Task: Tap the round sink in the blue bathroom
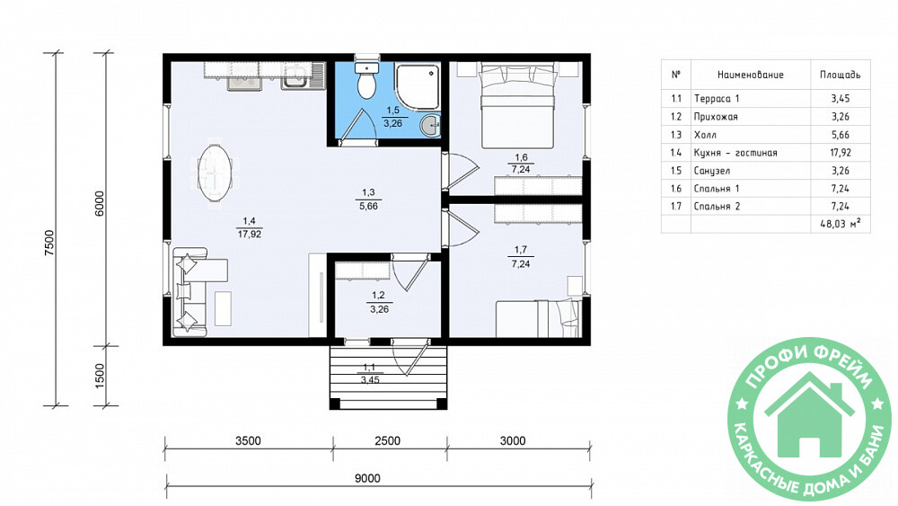click(x=430, y=126)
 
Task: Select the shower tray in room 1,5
click(x=418, y=86)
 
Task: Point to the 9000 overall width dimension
click(x=367, y=478)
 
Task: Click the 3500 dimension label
click(x=248, y=440)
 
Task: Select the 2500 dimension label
click(x=387, y=440)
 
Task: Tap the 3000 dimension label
click(x=513, y=440)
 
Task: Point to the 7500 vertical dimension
click(x=49, y=243)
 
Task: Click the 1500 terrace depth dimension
click(x=100, y=376)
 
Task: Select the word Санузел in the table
click(x=712, y=171)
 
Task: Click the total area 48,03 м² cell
click(x=841, y=224)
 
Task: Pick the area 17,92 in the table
click(x=841, y=153)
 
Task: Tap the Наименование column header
click(x=750, y=75)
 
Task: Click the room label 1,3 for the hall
click(x=368, y=192)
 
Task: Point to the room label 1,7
click(x=521, y=250)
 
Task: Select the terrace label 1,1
click(x=369, y=368)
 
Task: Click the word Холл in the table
click(x=705, y=135)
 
